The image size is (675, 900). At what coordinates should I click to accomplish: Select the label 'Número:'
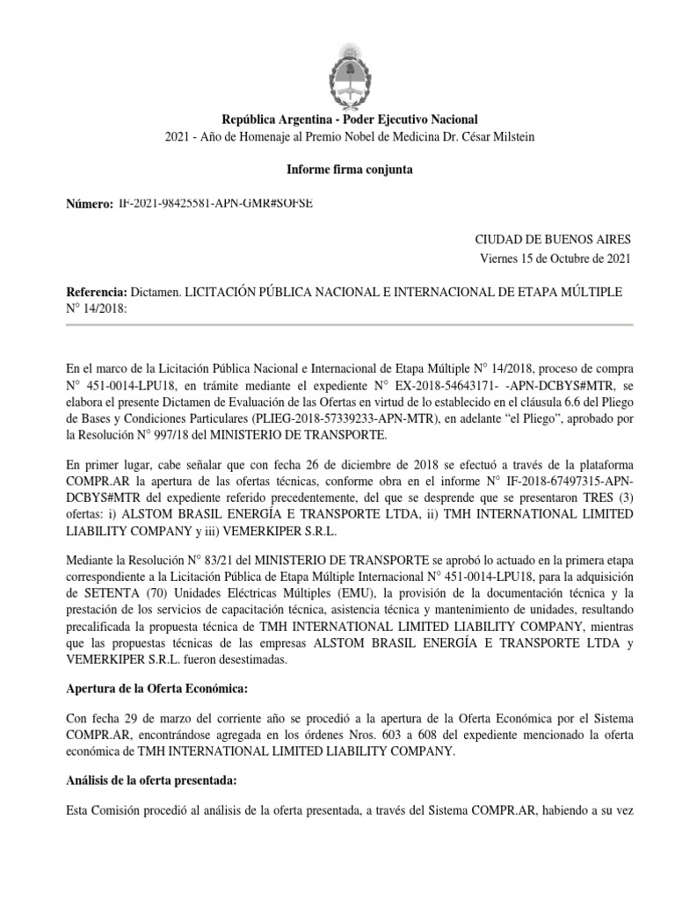point(91,204)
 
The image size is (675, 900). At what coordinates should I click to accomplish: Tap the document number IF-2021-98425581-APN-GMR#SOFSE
point(215,203)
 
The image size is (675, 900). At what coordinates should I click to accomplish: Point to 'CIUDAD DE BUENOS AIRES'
point(552,239)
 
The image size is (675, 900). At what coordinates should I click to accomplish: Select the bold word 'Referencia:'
point(98,292)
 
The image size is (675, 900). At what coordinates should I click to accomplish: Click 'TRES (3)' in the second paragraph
point(606,498)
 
